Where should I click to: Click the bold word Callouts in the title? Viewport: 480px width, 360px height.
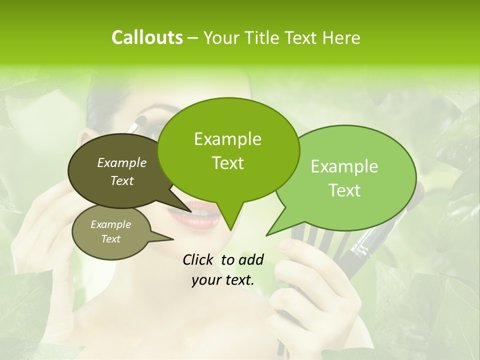pos(147,37)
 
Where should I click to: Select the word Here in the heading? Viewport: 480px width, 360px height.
pos(340,37)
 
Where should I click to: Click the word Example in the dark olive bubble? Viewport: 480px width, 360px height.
pos(122,162)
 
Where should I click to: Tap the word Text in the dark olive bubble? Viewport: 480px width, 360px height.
pos(122,180)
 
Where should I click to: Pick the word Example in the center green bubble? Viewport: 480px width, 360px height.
pos(227,139)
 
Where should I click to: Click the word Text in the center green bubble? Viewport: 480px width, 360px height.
pos(227,163)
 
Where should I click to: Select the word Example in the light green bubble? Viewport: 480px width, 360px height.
pos(344,166)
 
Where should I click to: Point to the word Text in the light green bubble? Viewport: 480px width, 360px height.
pos(344,190)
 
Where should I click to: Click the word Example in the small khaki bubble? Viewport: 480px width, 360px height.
pos(111,224)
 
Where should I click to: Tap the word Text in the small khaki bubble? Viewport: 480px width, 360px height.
pos(111,239)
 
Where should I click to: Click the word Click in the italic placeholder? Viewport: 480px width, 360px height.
pos(199,259)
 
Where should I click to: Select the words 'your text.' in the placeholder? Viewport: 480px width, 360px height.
pos(223,280)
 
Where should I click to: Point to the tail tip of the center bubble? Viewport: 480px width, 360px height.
pos(230,230)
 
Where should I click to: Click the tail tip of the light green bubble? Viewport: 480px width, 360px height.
pos(267,235)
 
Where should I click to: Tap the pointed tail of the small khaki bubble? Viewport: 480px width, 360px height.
pos(172,238)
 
